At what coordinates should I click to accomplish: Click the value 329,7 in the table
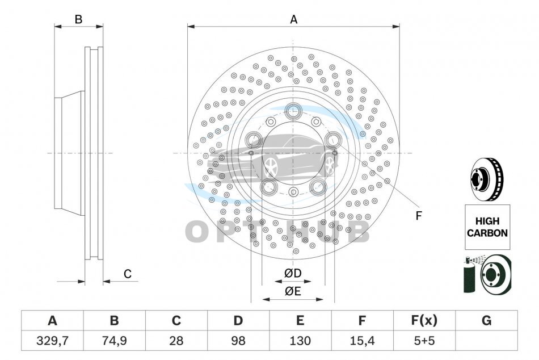point(53,341)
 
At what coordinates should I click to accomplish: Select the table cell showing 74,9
point(115,341)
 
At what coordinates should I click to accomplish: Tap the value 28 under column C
point(176,341)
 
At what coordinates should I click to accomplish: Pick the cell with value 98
point(238,341)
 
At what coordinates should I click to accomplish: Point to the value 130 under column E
point(300,341)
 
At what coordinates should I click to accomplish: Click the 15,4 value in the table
point(362,341)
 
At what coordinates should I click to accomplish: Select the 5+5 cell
point(424,341)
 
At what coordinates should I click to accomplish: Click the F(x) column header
point(424,320)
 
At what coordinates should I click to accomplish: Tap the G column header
point(486,320)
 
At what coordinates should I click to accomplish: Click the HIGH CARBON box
point(487,227)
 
